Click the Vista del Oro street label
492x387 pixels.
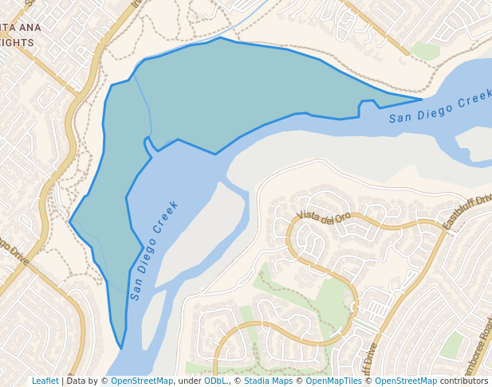[x=324, y=217]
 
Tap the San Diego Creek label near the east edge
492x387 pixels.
[x=440, y=108]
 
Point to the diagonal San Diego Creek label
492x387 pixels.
[x=154, y=249]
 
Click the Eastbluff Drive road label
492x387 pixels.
[x=467, y=212]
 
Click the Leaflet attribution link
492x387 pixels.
[x=45, y=381]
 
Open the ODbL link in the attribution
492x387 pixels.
[x=215, y=381]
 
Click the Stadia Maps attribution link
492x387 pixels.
[x=268, y=381]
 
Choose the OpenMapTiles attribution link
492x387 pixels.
[x=334, y=381]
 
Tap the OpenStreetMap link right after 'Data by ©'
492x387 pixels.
[x=142, y=381]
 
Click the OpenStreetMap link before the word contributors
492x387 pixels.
[x=406, y=381]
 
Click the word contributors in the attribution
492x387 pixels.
[x=464, y=381]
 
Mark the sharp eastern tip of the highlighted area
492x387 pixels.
[x=421, y=100]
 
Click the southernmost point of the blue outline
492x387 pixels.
[x=120, y=348]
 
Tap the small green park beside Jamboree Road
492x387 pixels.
[x=452, y=345]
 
